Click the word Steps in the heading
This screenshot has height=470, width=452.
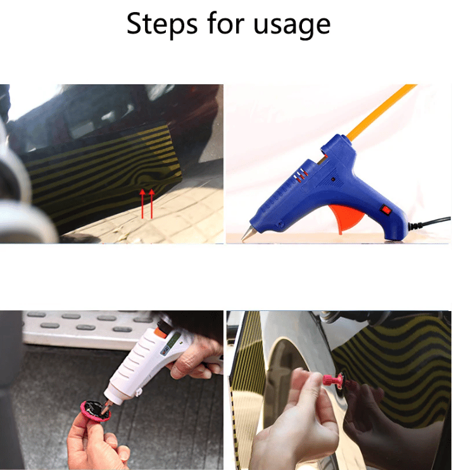162,24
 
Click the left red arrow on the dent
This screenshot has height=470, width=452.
142,203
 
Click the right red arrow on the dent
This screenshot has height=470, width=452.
151,203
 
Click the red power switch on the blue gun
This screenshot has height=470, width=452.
386,210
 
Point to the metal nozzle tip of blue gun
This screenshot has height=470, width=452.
248,234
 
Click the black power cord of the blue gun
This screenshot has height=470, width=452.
429,222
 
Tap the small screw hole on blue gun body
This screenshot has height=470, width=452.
333,179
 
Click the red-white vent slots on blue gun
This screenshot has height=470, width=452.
301,174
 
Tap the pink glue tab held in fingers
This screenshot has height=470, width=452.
96,411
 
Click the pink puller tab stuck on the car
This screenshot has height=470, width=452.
334,380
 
